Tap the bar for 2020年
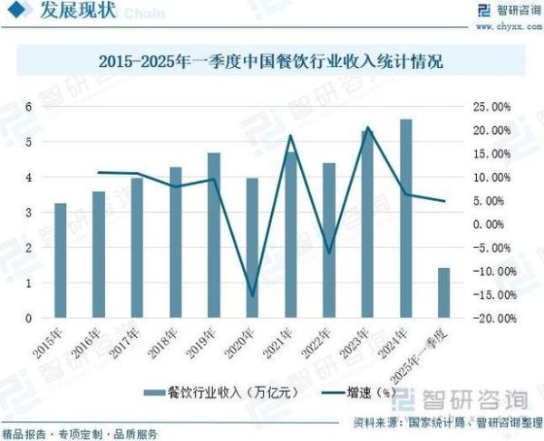(252, 248)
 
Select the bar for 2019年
(214, 235)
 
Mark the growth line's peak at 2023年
(368, 128)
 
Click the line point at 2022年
(329, 253)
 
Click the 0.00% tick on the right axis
(497, 225)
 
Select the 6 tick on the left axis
(27, 107)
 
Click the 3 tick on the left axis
(27, 213)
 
